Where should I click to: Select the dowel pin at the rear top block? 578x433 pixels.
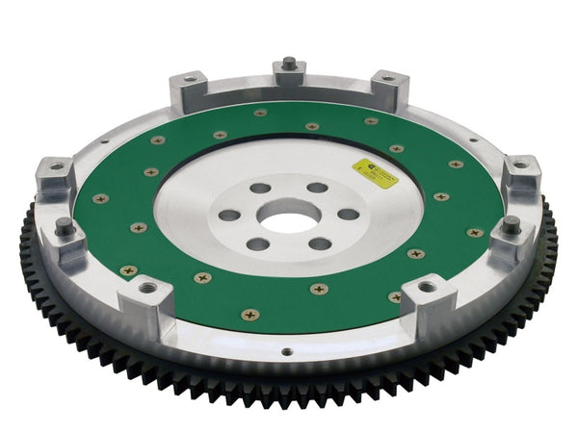click(289, 64)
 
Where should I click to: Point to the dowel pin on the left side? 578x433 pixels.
click(66, 227)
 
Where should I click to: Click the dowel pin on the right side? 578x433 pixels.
click(511, 224)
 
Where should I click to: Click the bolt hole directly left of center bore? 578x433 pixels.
click(228, 215)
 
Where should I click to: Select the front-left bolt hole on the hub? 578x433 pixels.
click(257, 244)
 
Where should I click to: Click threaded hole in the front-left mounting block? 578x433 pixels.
click(147, 287)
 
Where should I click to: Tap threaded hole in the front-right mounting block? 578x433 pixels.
click(425, 287)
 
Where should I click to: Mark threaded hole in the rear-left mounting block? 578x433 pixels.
click(189, 78)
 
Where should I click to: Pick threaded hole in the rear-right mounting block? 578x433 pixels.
click(386, 78)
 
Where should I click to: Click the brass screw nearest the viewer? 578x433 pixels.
click(250, 314)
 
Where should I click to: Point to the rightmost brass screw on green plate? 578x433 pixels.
click(474, 232)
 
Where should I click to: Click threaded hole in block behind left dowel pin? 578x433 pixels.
click(55, 167)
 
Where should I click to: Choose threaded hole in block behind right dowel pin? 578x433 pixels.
click(521, 166)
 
